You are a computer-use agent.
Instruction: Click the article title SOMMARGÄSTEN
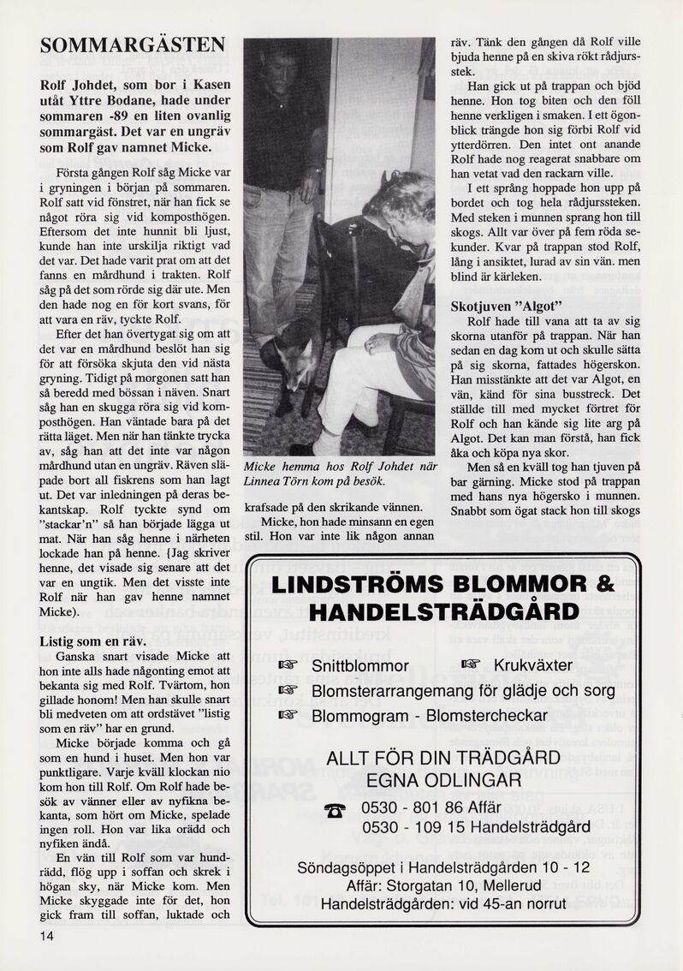coord(134,45)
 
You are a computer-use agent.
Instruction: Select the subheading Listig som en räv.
coord(93,640)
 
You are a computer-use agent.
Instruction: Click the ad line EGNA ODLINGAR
coord(442,779)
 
